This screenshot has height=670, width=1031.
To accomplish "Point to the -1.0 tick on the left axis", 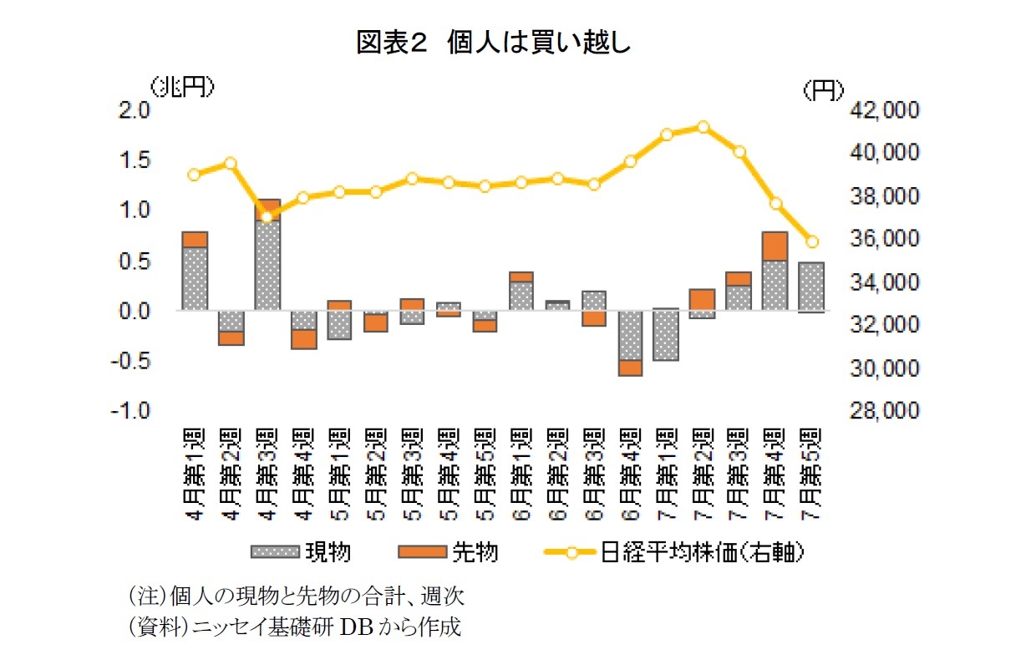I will tap(133, 411).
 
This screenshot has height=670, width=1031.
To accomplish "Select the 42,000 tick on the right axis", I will tap(884, 109).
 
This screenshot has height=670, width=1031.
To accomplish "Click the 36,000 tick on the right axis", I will tap(884, 239).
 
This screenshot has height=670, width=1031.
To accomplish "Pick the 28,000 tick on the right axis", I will tap(884, 411).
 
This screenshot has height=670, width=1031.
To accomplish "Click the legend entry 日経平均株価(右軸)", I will tap(676, 552).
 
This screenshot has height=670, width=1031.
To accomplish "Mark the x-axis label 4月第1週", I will tap(194, 474).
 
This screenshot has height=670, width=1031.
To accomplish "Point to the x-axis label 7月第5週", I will tap(811, 474).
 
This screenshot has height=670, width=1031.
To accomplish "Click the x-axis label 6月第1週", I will tap(521, 474).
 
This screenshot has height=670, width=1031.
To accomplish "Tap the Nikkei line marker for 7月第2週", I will tap(703, 127).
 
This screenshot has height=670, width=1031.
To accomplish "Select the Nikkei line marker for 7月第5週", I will tap(811, 241).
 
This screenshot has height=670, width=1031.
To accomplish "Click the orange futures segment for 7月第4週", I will tap(775, 246).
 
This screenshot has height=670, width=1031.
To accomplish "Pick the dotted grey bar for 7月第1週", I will tap(667, 334).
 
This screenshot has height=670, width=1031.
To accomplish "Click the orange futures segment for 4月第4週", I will tap(303, 338).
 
